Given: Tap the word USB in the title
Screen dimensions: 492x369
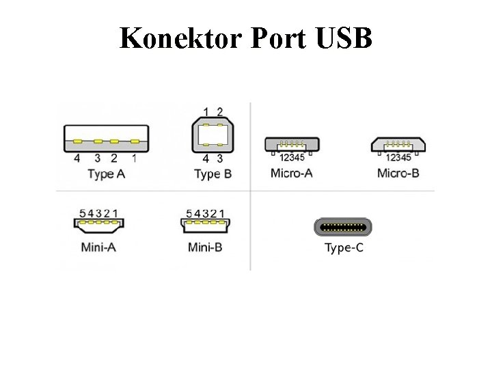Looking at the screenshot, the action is coord(344,38).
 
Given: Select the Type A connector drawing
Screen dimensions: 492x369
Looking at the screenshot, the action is coord(106,138).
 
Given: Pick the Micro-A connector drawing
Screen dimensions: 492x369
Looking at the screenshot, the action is coord(291,144).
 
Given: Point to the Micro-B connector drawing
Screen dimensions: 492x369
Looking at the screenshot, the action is coord(398,144).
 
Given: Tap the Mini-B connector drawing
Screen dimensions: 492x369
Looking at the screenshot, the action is coord(204,223).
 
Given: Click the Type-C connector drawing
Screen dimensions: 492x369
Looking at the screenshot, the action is coord(344,226).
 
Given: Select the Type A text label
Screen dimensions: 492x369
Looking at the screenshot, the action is coord(106,174).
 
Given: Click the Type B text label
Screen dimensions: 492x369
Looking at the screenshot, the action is coord(213,174).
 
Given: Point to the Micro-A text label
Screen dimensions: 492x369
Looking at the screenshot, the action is coord(292,172).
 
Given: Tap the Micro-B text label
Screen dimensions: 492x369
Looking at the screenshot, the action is coord(398,172).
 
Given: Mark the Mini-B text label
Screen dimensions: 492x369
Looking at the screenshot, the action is coord(204,247).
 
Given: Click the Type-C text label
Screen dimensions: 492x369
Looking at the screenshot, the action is coord(344,247).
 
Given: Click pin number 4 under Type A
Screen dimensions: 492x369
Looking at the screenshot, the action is coord(77,158).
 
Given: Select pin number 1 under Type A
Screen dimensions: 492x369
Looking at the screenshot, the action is coord(134,158).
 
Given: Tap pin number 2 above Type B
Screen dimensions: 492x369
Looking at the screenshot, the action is coord(219,111).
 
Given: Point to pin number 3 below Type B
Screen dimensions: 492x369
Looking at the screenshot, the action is coord(219,159).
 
